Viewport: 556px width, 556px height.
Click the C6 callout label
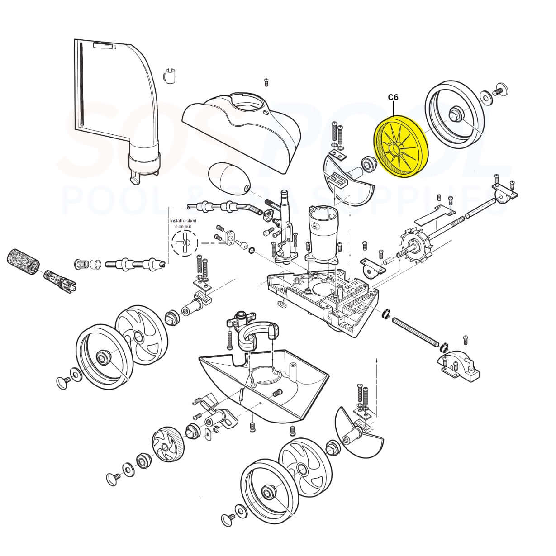click(x=393, y=97)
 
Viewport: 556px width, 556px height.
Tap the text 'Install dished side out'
click(x=183, y=224)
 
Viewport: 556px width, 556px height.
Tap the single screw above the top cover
click(x=266, y=82)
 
